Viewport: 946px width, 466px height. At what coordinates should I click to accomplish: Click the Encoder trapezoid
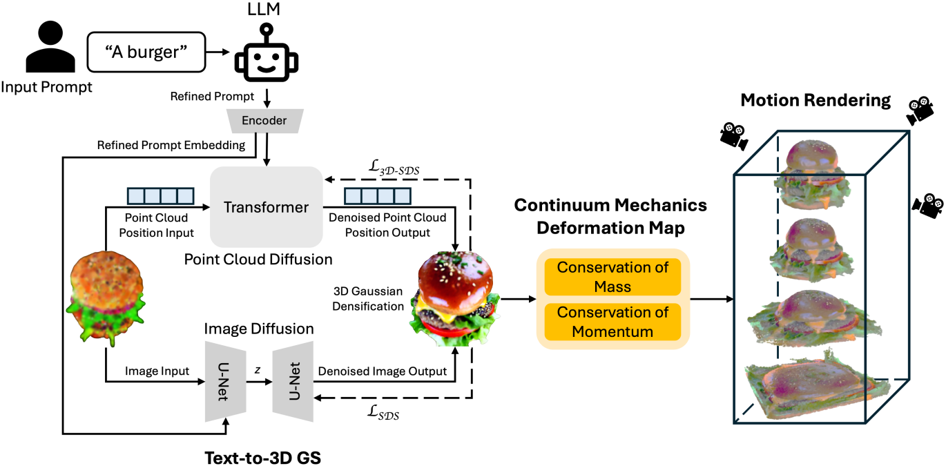[264, 121]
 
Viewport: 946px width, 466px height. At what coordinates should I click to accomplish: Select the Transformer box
[266, 207]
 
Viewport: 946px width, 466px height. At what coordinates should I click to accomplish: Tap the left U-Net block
[225, 381]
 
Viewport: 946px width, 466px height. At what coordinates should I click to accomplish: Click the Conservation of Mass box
[612, 276]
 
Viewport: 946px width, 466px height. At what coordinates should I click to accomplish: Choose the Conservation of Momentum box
[612, 322]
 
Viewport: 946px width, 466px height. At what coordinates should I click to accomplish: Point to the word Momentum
[612, 331]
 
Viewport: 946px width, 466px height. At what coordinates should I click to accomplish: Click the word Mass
[612, 286]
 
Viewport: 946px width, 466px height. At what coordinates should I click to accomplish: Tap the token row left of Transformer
[160, 196]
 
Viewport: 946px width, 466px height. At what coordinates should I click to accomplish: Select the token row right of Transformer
[378, 196]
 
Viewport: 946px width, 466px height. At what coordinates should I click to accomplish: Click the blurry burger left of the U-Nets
[106, 295]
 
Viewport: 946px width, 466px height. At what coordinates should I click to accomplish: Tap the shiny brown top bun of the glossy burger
[456, 275]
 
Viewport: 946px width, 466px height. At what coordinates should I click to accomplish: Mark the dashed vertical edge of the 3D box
[779, 276]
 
